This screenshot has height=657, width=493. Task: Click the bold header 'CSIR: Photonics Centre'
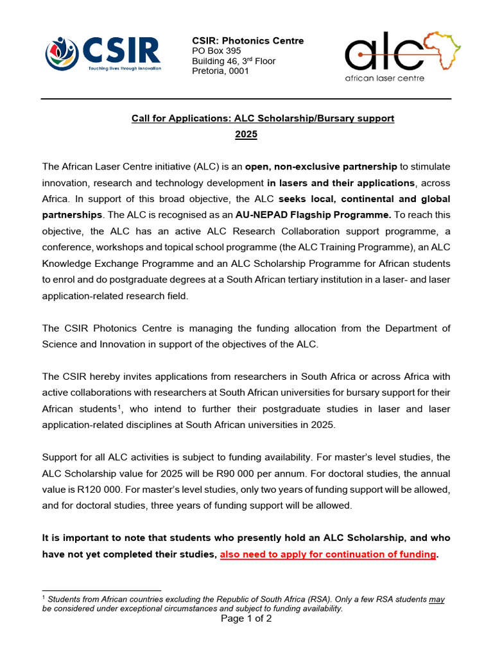[248, 41]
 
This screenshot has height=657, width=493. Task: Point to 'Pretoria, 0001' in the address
[220, 71]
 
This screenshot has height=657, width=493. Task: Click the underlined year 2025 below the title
[246, 135]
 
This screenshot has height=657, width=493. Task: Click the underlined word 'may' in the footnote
[437, 599]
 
